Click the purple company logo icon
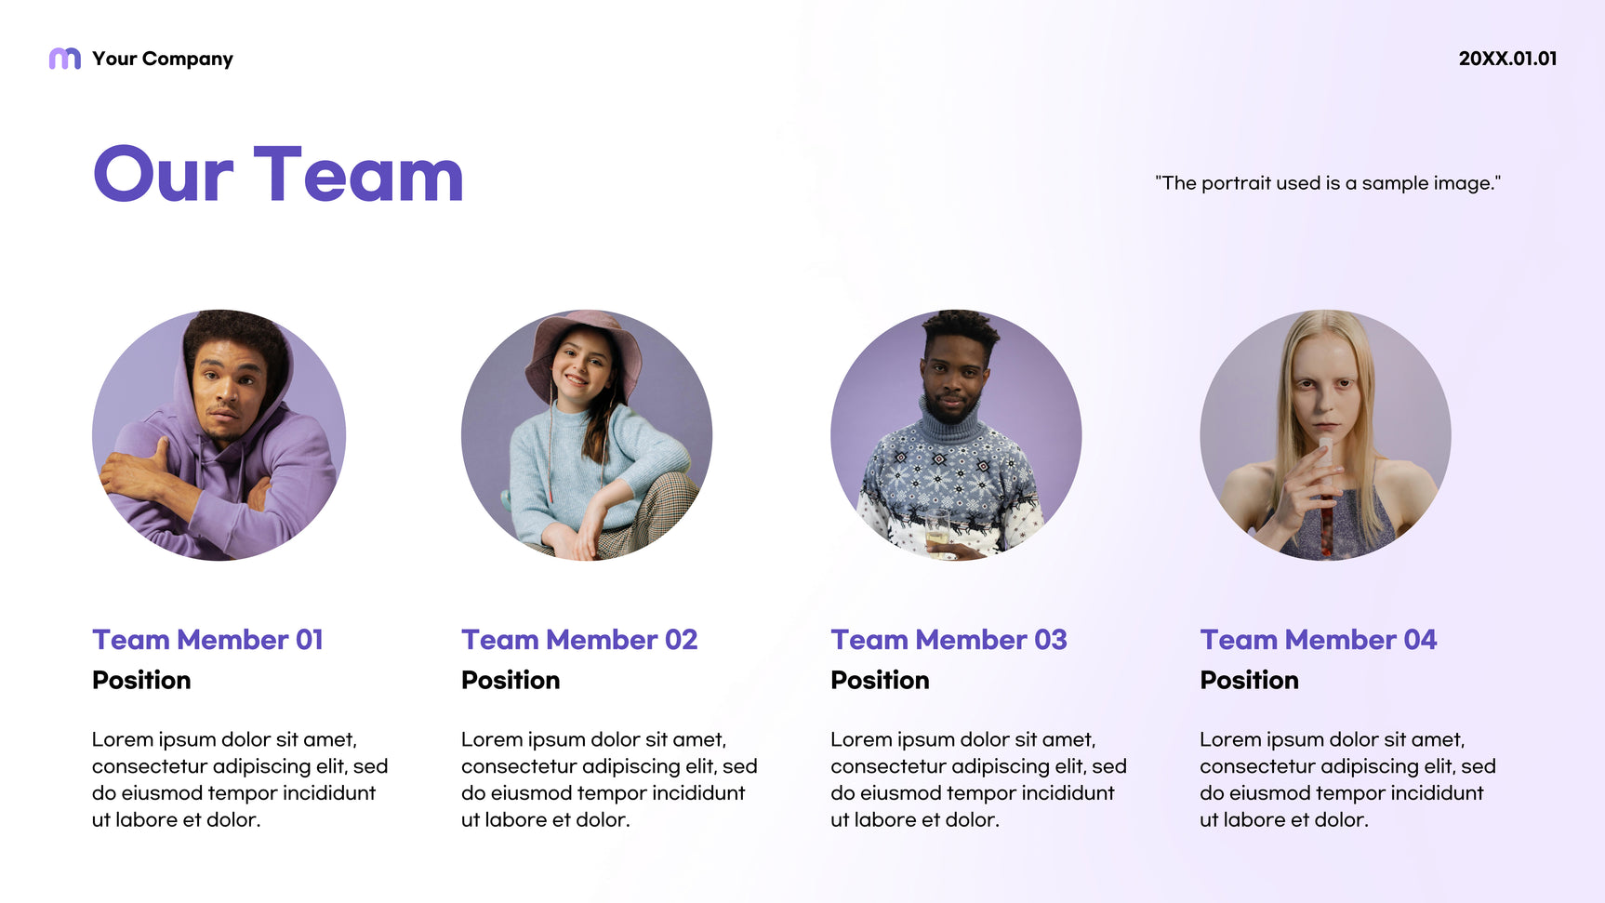point(64,59)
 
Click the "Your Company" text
point(163,59)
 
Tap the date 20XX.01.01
point(1507,59)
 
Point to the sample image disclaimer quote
point(1328,183)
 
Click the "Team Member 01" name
point(207,640)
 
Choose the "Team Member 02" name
point(579,640)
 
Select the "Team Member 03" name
point(948,640)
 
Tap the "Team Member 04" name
point(1318,640)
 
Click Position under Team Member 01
point(141,681)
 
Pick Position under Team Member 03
point(880,681)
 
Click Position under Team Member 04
point(1249,681)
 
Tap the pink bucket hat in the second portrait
point(583,349)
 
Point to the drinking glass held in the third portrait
point(937,533)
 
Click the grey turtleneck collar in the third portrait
point(951,424)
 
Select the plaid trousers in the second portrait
point(651,517)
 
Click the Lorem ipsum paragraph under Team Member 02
point(609,779)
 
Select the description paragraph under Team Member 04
point(1347,779)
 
